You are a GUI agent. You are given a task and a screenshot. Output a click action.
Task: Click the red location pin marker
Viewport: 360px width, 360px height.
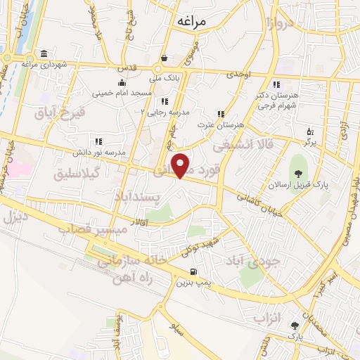(181, 165)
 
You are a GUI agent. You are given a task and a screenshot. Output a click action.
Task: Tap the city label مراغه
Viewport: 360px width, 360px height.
(190, 21)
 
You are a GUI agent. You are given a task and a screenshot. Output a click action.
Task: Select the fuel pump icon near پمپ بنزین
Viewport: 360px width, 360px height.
(191, 272)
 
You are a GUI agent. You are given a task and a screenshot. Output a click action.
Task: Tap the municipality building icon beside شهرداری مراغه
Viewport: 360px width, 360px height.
(44, 54)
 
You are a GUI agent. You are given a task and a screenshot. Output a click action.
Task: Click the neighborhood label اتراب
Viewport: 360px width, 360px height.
(266, 319)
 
